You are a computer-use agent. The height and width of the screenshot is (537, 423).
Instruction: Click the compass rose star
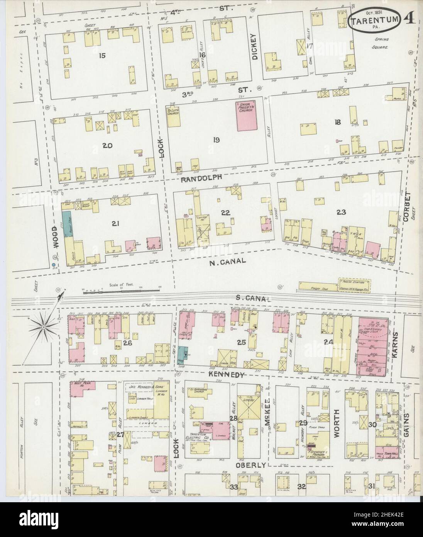click(x=44, y=327)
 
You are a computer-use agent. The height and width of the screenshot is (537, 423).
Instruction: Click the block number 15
click(x=102, y=56)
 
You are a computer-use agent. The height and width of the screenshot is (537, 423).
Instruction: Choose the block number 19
click(x=216, y=139)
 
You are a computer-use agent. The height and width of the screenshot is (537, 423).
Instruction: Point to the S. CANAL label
click(x=252, y=298)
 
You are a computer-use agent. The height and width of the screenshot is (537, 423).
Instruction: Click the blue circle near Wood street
click(x=53, y=265)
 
